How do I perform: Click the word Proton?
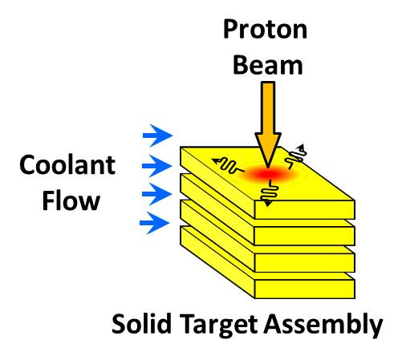[x=265, y=30]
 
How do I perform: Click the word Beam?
[x=268, y=65]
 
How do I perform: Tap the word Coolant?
[x=67, y=165]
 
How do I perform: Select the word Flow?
[x=71, y=200]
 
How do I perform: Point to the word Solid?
[x=142, y=324]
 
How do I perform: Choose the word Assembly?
[x=323, y=325]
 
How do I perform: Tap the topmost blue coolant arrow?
[x=158, y=136]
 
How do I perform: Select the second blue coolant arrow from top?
[x=157, y=166]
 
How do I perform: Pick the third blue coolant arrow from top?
[x=156, y=194]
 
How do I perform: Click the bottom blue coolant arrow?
[x=155, y=223]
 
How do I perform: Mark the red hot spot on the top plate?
[x=268, y=175]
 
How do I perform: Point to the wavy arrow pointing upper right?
[x=297, y=156]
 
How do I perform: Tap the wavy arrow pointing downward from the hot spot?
[x=270, y=193]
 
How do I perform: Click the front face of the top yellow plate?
[x=305, y=209]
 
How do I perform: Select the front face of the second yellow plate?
[x=305, y=236]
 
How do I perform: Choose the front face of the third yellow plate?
[x=305, y=262]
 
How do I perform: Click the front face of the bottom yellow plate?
[x=305, y=289]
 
